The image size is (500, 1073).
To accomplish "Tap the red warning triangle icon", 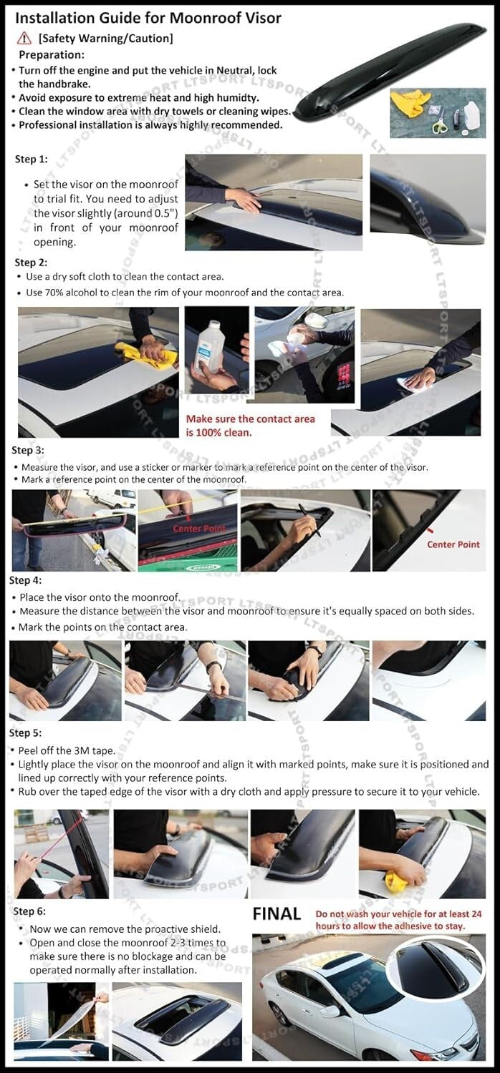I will click(x=26, y=38).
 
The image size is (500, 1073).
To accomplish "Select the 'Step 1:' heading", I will click(x=31, y=160).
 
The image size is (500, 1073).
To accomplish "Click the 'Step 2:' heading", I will click(x=31, y=263).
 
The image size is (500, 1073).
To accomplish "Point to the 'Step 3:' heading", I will click(x=27, y=450).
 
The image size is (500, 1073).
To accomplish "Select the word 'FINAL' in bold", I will click(x=277, y=913).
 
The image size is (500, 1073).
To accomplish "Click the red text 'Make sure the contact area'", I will click(x=250, y=418).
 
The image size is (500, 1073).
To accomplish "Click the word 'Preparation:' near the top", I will click(x=52, y=54).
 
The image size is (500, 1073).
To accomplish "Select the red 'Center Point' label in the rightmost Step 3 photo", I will click(x=453, y=544).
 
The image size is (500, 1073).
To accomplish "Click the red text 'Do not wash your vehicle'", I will click(x=372, y=913).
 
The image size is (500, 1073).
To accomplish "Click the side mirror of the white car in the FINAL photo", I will click(x=330, y=1010).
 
